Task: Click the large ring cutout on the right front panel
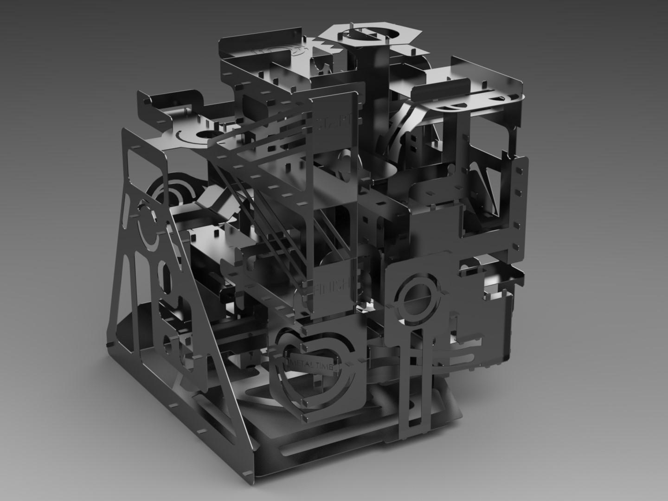pyautogui.click(x=417, y=297)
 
